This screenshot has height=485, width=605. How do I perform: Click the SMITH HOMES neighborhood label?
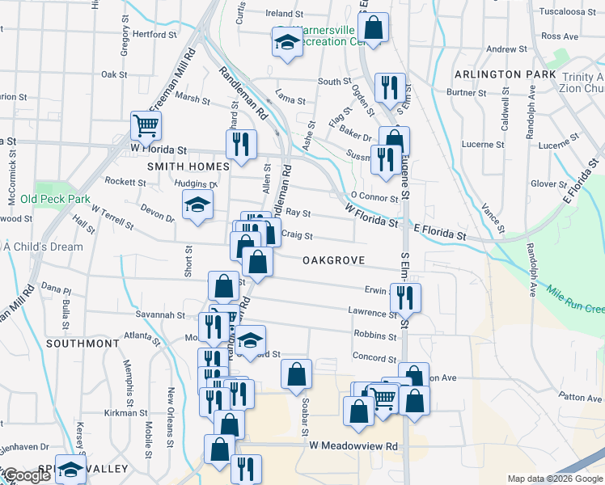click(188, 166)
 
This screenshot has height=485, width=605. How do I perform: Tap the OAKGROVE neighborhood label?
click(334, 260)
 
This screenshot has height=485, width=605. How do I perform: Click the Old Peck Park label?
click(55, 199)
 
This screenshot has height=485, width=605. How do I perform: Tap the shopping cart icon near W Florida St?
click(146, 124)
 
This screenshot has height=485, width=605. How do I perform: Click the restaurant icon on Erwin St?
click(405, 297)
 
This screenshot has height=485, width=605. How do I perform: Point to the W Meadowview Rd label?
click(354, 446)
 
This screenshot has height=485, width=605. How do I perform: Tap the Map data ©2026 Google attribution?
click(554, 479)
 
